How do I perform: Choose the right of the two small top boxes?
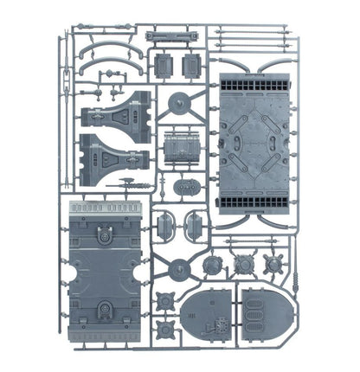pyautogui.click(x=191, y=67)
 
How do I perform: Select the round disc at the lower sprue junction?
pyautogui.click(x=179, y=267)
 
